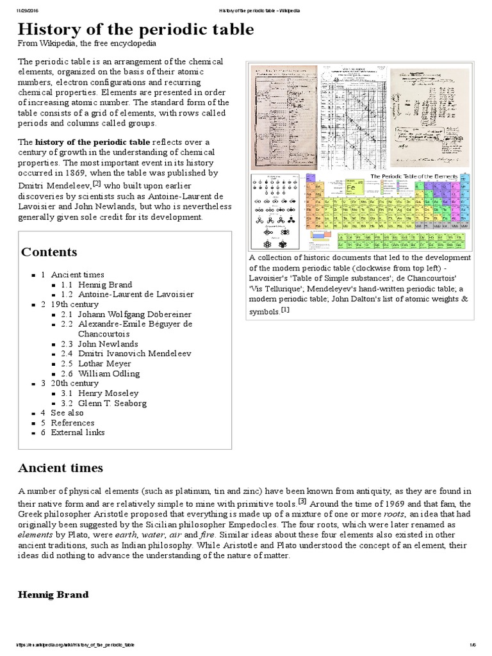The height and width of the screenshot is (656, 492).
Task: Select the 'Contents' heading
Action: click(49, 252)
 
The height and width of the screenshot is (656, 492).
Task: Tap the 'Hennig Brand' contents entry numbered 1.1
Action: click(106, 284)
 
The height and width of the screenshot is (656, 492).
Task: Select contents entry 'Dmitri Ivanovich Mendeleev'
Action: click(135, 354)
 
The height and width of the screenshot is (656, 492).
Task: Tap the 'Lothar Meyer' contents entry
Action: click(106, 363)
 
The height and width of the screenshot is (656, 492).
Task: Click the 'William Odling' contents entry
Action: click(109, 373)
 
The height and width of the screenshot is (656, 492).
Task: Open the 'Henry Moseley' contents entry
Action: click(108, 393)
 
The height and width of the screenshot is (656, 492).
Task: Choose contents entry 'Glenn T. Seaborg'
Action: click(111, 403)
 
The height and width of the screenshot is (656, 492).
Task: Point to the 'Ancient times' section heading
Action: click(60, 468)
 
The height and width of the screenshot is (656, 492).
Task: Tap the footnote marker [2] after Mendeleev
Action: click(97, 183)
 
